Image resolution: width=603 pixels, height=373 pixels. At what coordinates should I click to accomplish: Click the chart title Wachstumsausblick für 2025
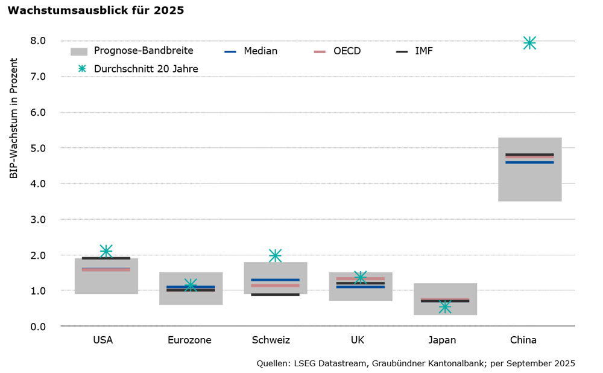point(96,10)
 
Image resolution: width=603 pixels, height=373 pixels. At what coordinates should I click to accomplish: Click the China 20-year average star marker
point(529,43)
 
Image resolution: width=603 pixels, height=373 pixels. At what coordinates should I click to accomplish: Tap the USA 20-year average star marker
point(106,250)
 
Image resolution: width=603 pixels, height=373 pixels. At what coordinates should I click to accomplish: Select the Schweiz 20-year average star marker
point(275,255)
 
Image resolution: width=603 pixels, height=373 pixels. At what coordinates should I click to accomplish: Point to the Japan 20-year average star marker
point(445,307)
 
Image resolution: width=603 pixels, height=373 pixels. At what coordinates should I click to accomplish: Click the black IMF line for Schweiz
point(275,295)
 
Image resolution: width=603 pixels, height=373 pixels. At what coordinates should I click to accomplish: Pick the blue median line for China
point(529,162)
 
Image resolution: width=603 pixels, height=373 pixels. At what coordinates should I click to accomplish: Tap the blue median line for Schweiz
point(275,280)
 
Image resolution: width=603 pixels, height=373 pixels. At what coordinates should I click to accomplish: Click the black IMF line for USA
point(106,258)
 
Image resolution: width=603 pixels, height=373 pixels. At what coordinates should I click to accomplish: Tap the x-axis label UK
point(358,340)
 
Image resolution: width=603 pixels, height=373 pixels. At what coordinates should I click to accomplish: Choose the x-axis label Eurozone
point(189,340)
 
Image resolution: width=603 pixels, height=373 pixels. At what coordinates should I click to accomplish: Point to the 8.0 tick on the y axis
point(37,41)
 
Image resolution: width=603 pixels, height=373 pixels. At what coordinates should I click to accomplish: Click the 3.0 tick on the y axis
point(37,219)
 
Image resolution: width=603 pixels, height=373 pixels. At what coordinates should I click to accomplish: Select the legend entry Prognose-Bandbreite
point(143,51)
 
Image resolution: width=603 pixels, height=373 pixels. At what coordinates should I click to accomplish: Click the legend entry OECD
point(347,51)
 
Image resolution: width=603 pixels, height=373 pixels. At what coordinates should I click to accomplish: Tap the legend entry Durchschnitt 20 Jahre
point(146,69)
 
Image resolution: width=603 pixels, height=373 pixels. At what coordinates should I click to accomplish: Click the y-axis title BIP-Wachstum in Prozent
point(14,118)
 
